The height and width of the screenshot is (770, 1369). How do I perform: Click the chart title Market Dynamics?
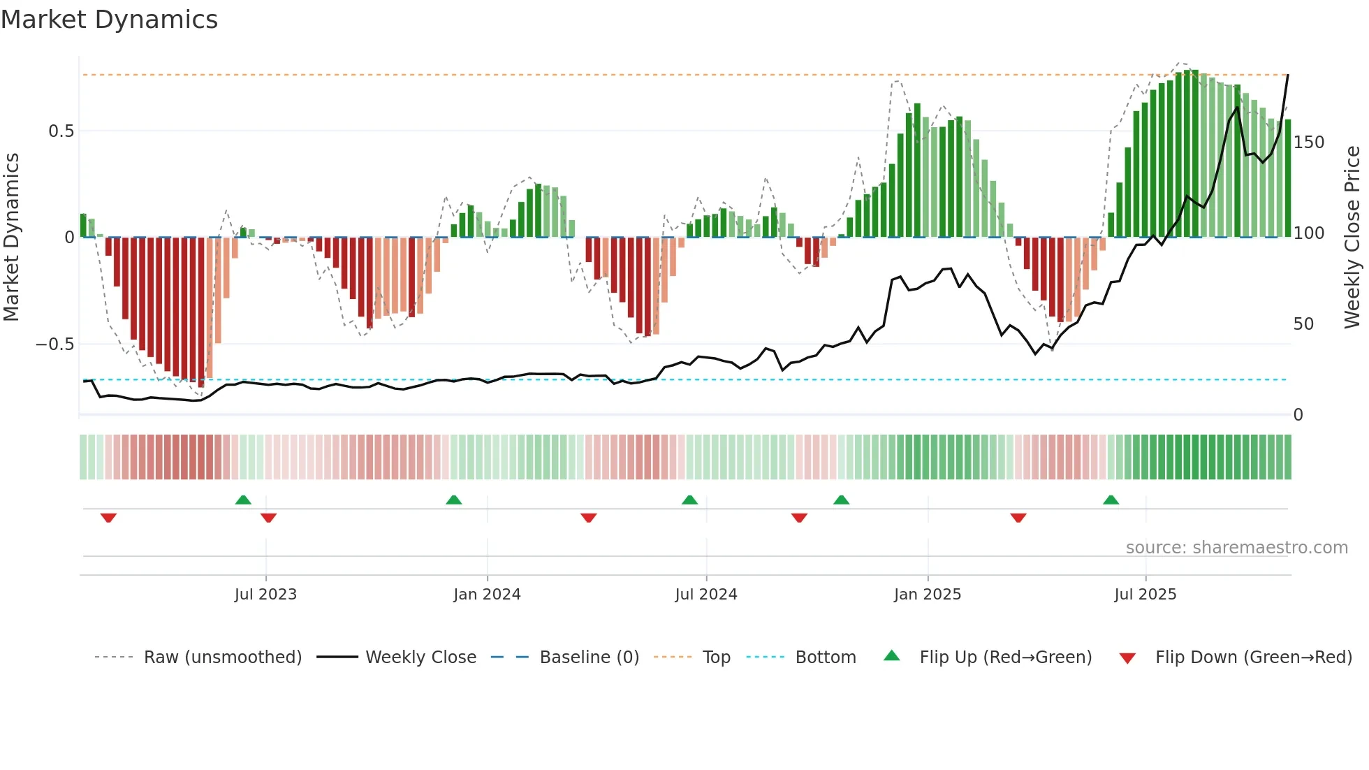click(110, 20)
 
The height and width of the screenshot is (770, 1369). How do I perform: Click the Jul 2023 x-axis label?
click(265, 595)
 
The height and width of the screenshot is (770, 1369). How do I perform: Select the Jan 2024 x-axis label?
click(487, 595)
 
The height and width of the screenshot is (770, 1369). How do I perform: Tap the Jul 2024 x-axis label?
click(705, 595)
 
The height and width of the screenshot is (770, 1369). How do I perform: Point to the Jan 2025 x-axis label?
click(927, 595)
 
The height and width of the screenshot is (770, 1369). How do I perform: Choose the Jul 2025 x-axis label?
click(1145, 595)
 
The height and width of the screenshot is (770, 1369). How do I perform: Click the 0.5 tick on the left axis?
click(61, 131)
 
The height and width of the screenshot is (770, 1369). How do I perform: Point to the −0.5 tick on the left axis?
click(55, 344)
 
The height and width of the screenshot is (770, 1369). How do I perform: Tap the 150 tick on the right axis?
click(1308, 143)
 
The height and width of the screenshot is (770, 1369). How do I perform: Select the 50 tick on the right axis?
click(1303, 324)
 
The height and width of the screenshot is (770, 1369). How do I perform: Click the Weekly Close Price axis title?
click(1352, 238)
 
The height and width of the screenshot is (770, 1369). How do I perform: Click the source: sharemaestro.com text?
click(1236, 548)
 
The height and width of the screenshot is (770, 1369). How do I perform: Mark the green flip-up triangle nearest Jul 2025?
click(1111, 500)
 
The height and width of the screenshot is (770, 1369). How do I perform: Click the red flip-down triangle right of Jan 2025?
click(1018, 518)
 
